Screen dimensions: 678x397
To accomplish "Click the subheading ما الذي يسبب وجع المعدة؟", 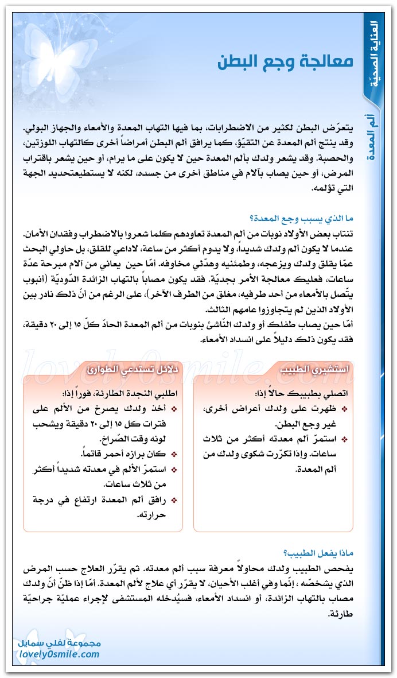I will tap(300, 218).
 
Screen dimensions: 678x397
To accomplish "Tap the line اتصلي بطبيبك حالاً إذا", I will tap(301, 395).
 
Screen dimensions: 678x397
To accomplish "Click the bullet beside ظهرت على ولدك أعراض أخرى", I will tap(344, 409).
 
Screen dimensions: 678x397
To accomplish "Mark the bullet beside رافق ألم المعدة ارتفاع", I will tap(174, 499).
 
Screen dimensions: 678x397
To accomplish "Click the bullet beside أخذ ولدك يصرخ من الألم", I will tap(174, 409).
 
